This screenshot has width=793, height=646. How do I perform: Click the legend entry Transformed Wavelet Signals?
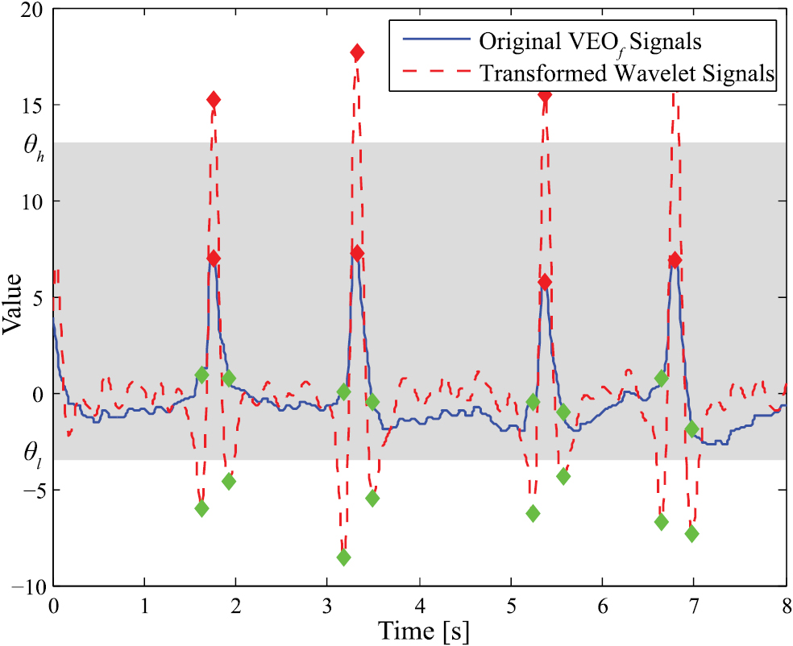point(627,73)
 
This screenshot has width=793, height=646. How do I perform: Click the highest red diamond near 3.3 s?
point(357,52)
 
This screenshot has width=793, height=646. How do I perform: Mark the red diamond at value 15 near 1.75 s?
point(214,100)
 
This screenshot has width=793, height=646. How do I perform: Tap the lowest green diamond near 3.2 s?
point(343,557)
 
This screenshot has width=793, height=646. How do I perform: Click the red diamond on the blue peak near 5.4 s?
point(545,282)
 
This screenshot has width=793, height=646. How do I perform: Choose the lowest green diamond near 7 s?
point(691,534)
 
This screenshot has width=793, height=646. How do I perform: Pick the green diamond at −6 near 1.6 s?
point(201,508)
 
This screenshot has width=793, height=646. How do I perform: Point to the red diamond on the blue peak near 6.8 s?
point(675,260)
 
